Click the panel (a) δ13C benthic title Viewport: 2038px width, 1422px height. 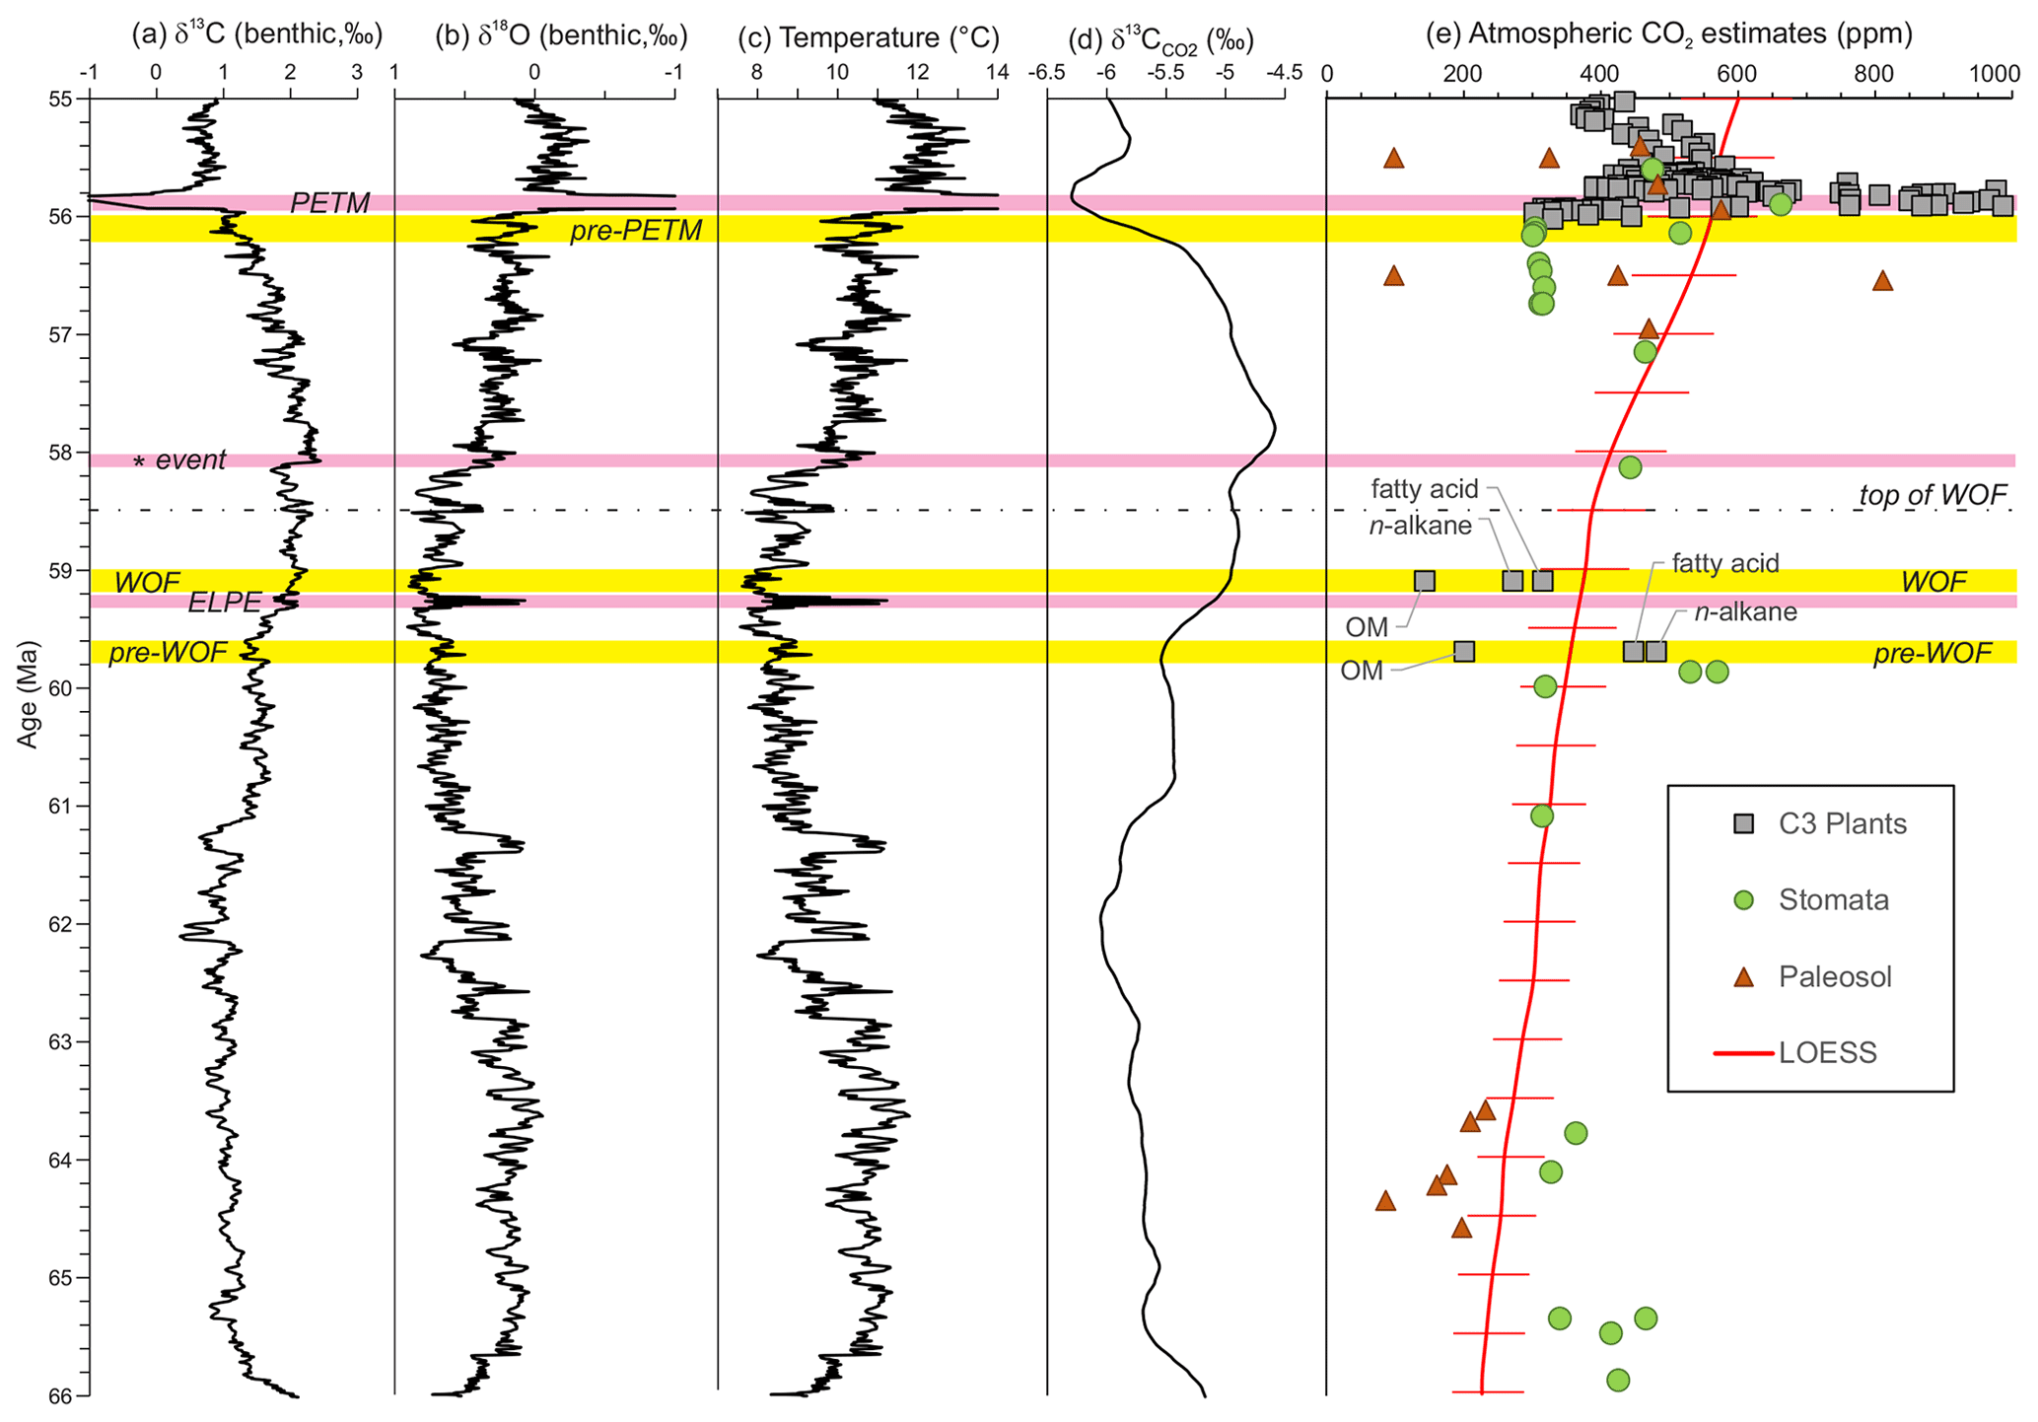[x=256, y=36]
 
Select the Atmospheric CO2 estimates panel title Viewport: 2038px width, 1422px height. [x=1669, y=35]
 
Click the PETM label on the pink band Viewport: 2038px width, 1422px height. [x=329, y=203]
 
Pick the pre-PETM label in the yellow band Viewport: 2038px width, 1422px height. [x=636, y=231]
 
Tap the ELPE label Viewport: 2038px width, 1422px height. [x=225, y=602]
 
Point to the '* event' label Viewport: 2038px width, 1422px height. [x=180, y=461]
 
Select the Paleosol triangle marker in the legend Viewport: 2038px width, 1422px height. [x=1743, y=977]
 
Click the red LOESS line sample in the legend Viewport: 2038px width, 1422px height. [x=1743, y=1053]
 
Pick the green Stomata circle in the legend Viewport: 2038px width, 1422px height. [x=1743, y=900]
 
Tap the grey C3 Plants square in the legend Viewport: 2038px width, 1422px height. [x=1743, y=823]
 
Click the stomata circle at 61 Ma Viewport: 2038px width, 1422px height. [x=1542, y=816]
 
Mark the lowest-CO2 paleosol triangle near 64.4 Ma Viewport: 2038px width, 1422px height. [x=1385, y=1201]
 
